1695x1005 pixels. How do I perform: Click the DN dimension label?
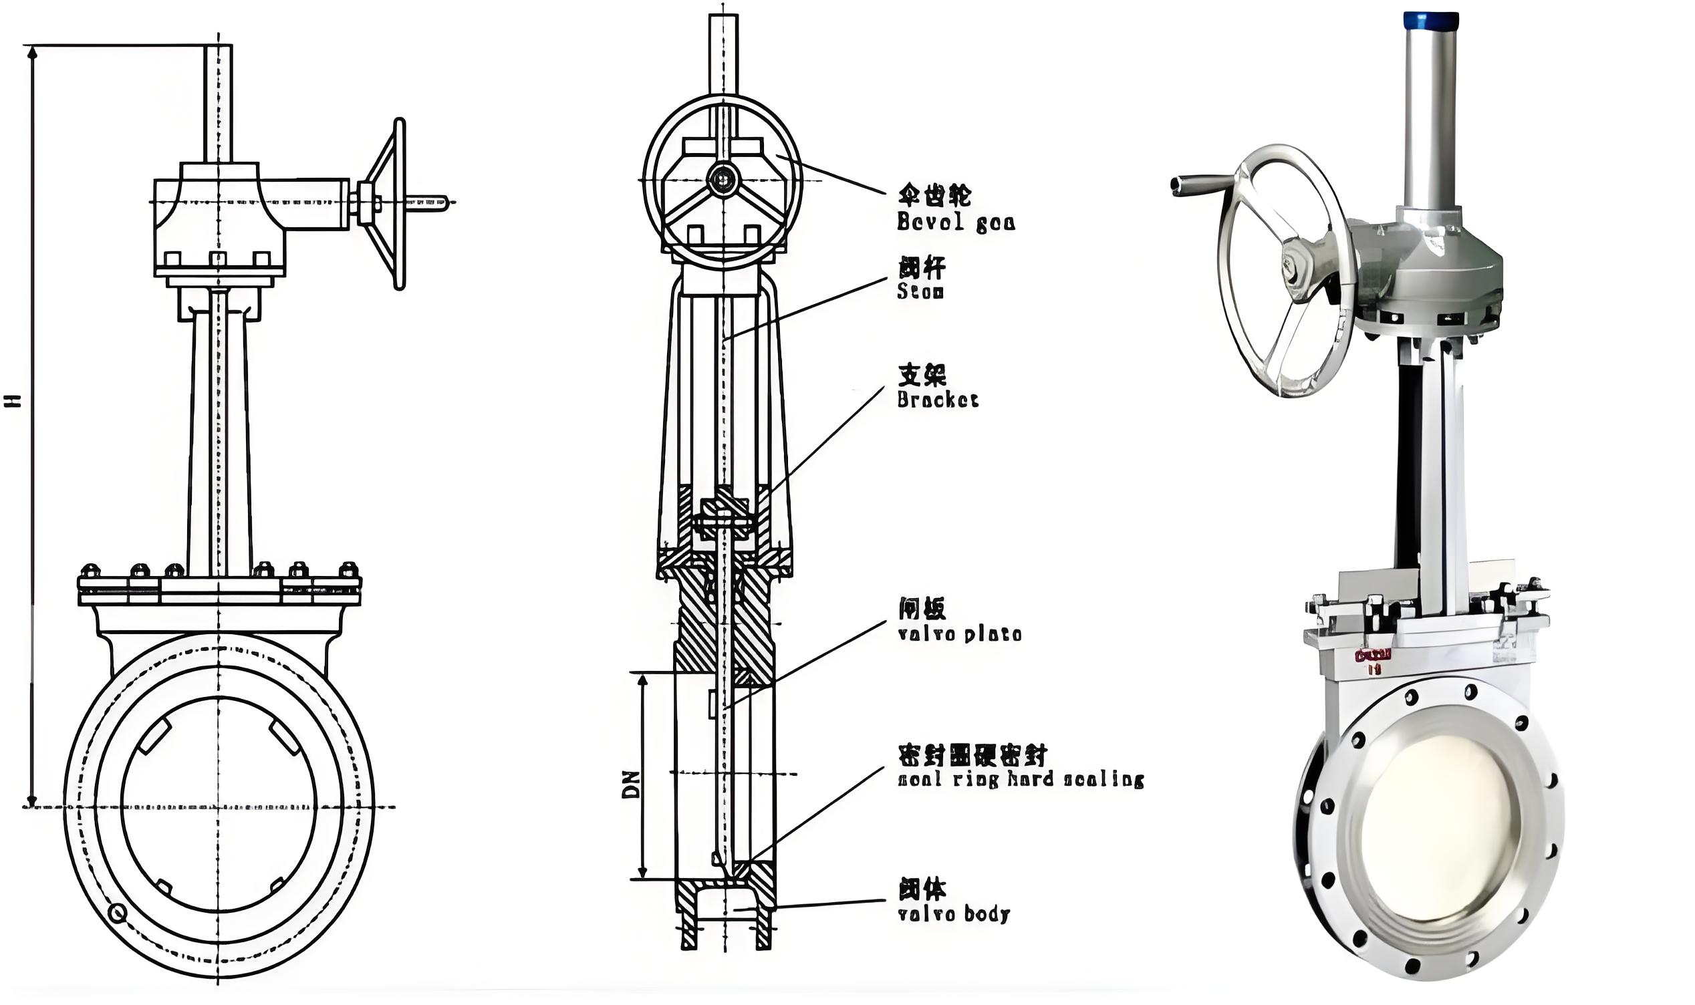tap(630, 784)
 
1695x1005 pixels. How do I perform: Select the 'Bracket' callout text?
tap(938, 400)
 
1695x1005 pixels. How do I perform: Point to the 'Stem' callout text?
tap(920, 291)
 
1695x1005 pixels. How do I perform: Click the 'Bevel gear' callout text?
tap(956, 221)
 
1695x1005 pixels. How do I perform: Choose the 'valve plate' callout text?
tap(960, 634)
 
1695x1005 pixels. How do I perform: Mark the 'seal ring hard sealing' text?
tap(1021, 780)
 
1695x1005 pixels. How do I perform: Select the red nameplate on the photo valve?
tap(1373, 656)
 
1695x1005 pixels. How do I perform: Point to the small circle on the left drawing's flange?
tap(117, 915)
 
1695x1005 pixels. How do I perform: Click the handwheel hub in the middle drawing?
tap(722, 180)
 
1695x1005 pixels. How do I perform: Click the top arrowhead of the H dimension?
tap(31, 51)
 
